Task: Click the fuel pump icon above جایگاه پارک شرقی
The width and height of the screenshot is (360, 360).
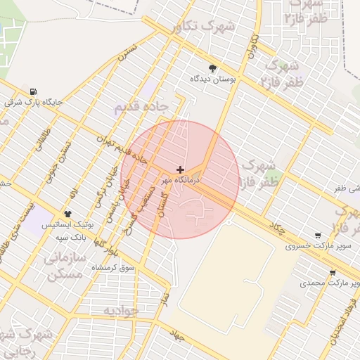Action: pyautogui.click(x=33, y=91)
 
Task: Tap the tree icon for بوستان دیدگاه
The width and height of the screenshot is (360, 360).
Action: pyautogui.click(x=213, y=68)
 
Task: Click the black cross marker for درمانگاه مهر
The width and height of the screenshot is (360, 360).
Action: pyautogui.click(x=181, y=169)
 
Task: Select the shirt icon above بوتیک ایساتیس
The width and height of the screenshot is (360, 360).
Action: pyautogui.click(x=67, y=214)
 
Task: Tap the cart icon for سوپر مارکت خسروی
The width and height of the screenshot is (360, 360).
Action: pyautogui.click(x=319, y=236)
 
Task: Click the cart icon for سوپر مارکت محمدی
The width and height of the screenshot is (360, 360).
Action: pyautogui.click(x=333, y=272)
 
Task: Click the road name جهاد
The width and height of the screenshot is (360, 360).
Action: pyautogui.click(x=176, y=336)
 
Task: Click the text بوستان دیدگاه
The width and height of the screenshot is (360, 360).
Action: pyautogui.click(x=212, y=79)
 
